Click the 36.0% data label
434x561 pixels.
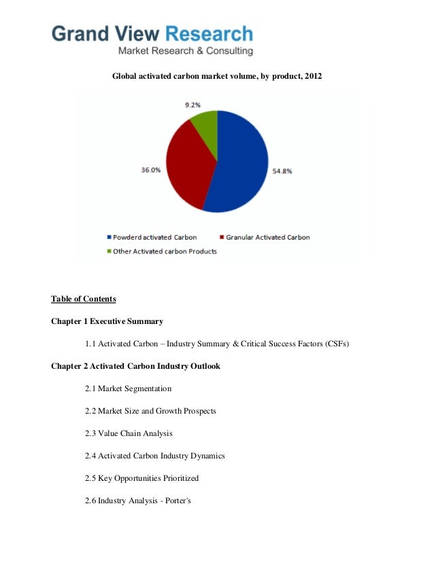coord(150,170)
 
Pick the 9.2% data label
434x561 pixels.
coord(194,105)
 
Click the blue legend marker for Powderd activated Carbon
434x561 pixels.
coord(109,238)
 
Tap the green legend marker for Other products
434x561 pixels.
coord(109,251)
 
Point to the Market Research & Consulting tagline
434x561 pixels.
coord(186,51)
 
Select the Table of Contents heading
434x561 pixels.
coord(84,298)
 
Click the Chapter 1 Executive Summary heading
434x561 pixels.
coord(107,321)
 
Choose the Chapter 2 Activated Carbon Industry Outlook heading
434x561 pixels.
coord(135,366)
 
